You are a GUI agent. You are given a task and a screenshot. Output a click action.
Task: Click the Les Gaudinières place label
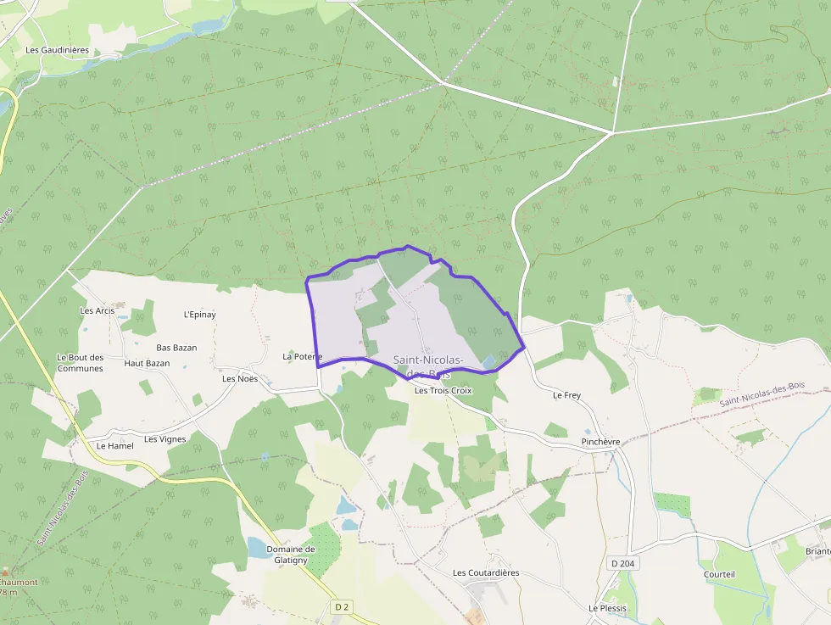point(57,50)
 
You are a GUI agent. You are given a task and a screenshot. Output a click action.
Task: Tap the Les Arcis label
point(97,310)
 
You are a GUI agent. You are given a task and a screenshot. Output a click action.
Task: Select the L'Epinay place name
point(199,315)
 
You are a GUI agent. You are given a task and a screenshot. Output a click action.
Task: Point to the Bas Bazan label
point(176,348)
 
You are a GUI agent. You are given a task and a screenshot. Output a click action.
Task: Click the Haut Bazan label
point(147,363)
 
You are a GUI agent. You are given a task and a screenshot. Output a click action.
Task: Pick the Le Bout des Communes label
point(80,363)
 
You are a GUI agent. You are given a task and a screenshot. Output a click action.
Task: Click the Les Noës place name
point(240,378)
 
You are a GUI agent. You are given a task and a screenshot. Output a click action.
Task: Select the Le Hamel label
point(115,445)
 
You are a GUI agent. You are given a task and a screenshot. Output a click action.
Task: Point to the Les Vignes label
point(165,439)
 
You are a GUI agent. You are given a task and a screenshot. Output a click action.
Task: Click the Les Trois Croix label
point(443,391)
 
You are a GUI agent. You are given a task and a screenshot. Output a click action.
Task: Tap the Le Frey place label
point(566,395)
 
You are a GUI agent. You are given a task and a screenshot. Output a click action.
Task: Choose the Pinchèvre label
point(601,442)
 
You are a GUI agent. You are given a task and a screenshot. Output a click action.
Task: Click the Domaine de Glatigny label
point(291,554)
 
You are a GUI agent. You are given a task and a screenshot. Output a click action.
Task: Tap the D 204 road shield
point(623,563)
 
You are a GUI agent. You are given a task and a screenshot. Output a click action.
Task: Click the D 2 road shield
point(342,606)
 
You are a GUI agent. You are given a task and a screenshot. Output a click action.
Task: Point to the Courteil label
point(719,574)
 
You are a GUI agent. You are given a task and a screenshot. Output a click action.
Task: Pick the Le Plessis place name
point(606,608)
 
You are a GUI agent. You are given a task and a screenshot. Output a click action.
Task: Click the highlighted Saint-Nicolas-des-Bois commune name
point(428,366)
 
